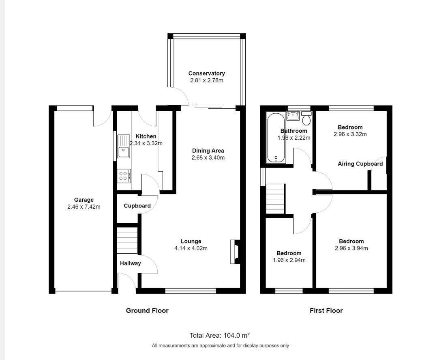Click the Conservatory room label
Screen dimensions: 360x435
point(206,73)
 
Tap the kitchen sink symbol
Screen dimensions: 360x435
point(123,147)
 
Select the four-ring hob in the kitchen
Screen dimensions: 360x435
point(124,176)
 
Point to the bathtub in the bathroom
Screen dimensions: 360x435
point(276,138)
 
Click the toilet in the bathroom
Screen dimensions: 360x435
point(306,119)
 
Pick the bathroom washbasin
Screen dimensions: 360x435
point(293,116)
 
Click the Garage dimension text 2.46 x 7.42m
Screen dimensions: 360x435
point(84,207)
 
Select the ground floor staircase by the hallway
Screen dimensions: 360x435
point(128,240)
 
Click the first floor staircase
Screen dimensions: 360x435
point(275,199)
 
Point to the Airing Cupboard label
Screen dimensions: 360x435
point(360,164)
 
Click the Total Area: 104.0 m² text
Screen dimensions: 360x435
point(219,335)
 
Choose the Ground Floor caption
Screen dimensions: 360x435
point(147,310)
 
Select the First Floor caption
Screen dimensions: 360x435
point(326,310)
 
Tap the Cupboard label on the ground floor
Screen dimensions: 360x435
point(137,206)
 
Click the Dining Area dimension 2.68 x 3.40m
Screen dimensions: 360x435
point(208,157)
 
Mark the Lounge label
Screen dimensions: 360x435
point(191,241)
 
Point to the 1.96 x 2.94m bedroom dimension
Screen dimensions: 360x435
point(289,260)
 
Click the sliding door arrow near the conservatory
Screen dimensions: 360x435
point(195,105)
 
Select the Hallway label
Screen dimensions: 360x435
point(131,263)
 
